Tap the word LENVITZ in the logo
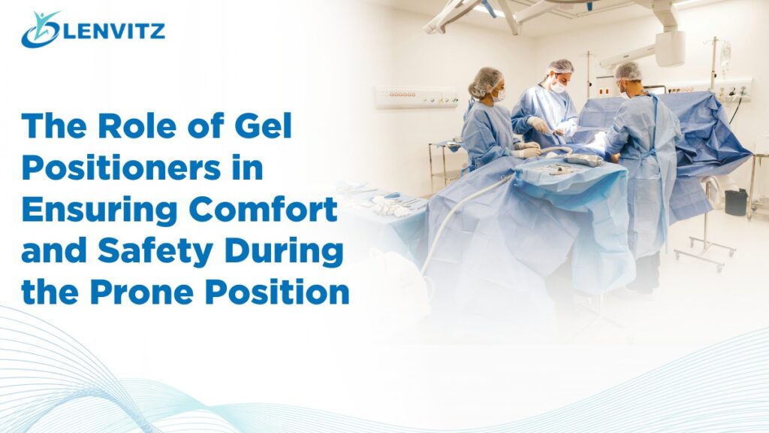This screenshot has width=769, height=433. pyautogui.click(x=114, y=32)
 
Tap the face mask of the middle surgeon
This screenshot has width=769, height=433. pyautogui.click(x=556, y=86)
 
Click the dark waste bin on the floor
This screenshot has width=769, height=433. pyautogui.click(x=736, y=201)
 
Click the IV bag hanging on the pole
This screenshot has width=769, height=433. pyautogui.click(x=725, y=57)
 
